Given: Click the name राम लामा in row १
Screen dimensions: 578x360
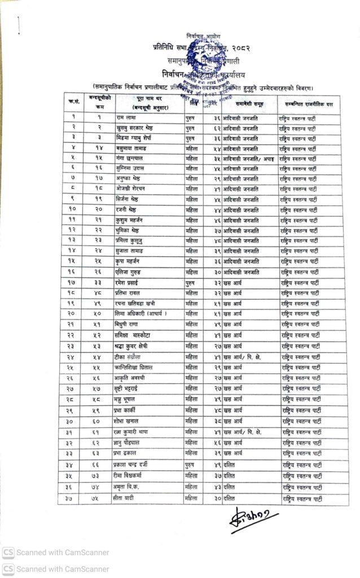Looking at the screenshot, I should tap(126, 117).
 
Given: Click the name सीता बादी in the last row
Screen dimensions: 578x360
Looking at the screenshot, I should tap(130, 498).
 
